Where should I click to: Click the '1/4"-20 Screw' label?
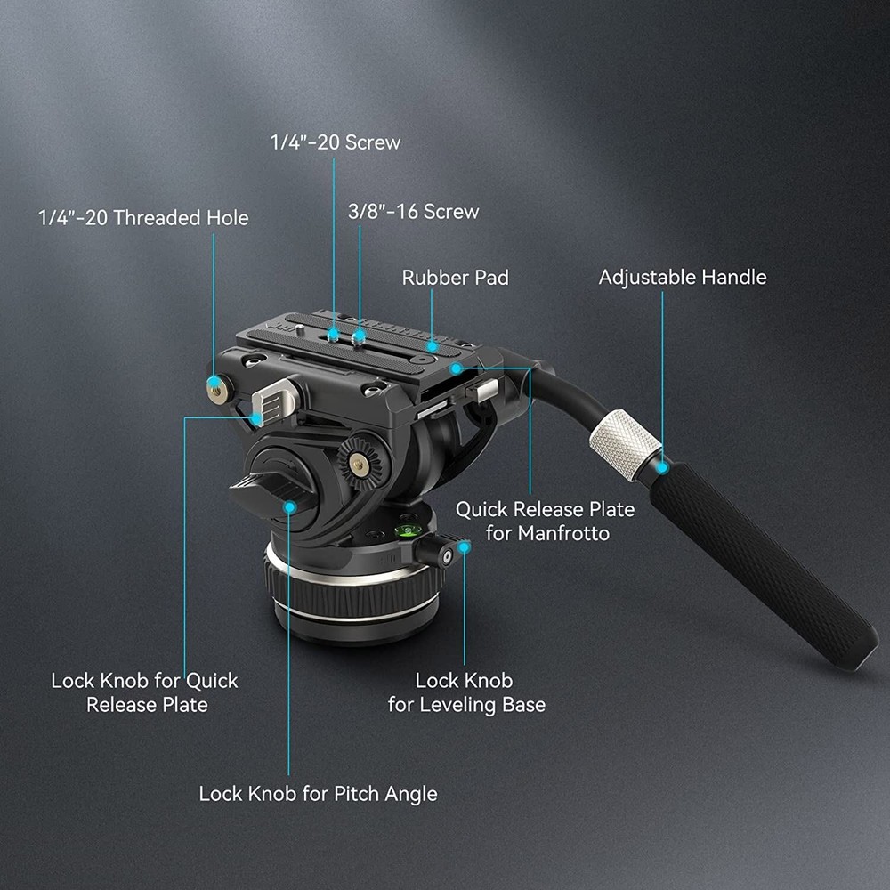pos(336,142)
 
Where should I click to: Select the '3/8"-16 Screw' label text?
pos(413,212)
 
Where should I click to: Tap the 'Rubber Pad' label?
pos(455,278)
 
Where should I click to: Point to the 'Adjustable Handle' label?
pos(682,277)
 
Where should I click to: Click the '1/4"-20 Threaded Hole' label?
pos(143,218)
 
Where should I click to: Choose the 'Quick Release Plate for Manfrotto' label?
pos(545,521)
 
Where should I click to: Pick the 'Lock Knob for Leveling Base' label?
pos(465,692)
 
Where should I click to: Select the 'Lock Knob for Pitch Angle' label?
pos(318,793)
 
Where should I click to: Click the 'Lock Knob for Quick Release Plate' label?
pos(144,692)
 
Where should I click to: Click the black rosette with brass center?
pos(358,462)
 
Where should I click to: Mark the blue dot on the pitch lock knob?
pos(289,506)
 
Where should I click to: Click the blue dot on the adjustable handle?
pos(663,465)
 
